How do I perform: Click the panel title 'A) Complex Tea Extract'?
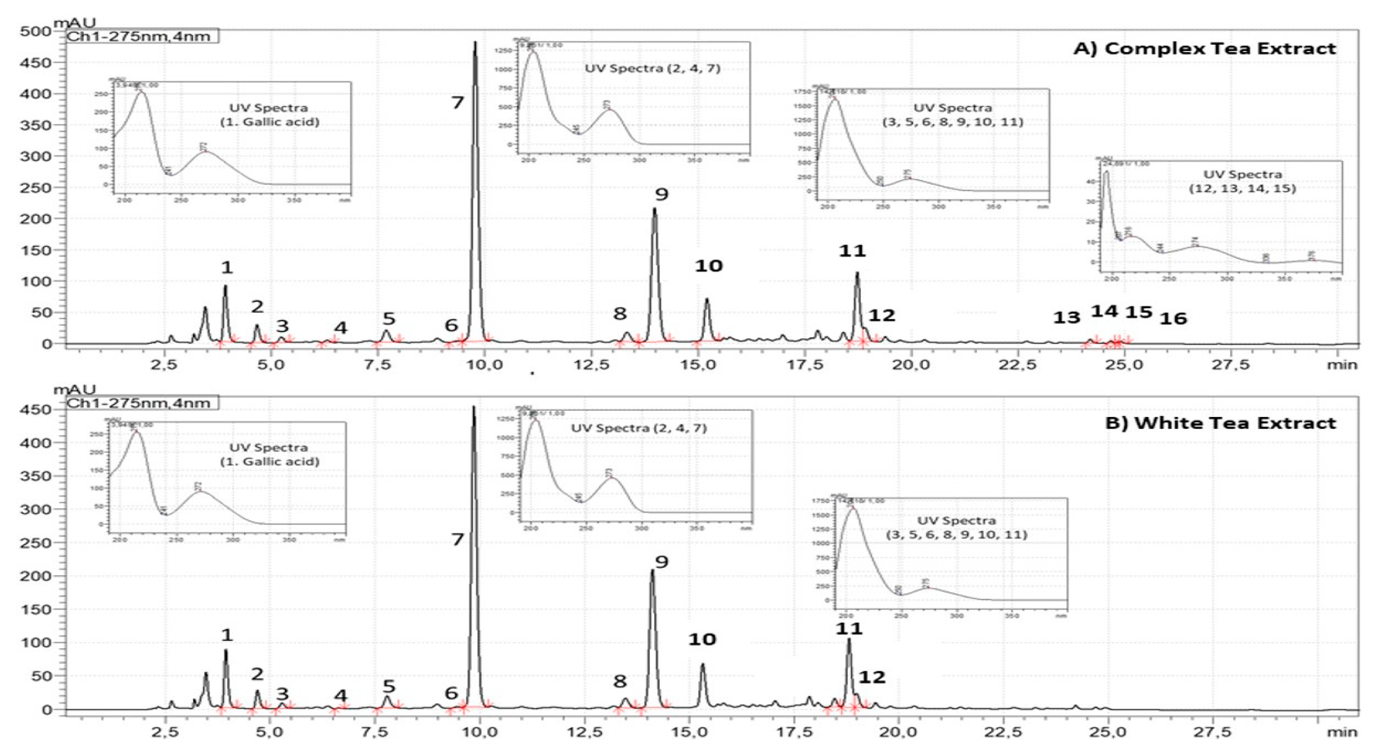pyautogui.click(x=1204, y=48)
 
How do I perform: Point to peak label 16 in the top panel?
pyautogui.click(x=1173, y=319)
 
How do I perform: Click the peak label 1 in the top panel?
pyautogui.click(x=227, y=267)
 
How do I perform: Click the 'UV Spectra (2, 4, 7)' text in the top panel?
pyautogui.click(x=652, y=69)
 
